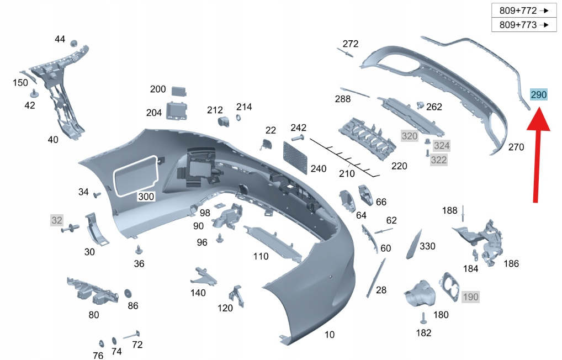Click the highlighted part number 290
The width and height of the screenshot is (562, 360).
tap(538, 95)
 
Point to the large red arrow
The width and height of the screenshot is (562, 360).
tap(538, 155)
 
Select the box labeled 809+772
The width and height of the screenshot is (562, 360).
tap(523, 10)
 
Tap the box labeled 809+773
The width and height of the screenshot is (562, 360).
tap(523, 25)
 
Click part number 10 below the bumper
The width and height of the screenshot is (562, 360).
tap(329, 335)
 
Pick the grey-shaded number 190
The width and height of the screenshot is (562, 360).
tap(470, 297)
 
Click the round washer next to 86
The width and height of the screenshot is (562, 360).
tap(128, 292)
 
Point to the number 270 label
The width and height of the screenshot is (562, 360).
tap(516, 147)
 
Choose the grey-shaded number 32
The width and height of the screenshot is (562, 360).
tap(57, 220)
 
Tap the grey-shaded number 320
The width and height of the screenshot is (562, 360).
tap(410, 136)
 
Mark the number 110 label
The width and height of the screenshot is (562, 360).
tap(261, 256)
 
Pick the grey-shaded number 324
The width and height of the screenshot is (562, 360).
tap(442, 146)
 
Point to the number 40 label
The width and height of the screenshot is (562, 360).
tap(53, 140)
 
